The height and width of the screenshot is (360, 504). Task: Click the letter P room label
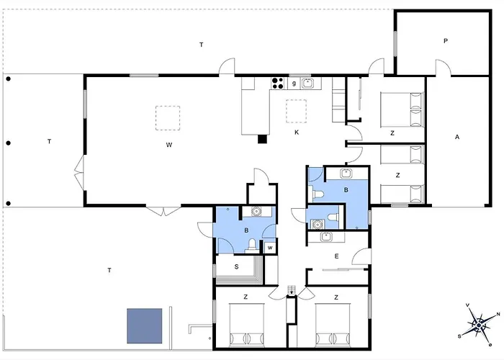click(446, 41)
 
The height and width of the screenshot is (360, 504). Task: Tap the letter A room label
click(456, 136)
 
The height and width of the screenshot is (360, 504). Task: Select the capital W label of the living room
click(168, 145)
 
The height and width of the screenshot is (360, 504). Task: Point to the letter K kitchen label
click(296, 132)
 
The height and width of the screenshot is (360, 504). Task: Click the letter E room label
click(336, 256)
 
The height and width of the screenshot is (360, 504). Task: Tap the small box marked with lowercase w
click(269, 248)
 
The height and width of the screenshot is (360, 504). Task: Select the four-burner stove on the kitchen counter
click(276, 84)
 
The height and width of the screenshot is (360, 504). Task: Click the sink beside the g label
click(307, 83)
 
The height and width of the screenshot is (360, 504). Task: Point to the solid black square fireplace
click(262, 138)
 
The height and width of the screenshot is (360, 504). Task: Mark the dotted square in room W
click(168, 117)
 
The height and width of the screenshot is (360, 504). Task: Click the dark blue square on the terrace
click(145, 326)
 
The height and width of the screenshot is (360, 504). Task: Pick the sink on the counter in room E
click(325, 235)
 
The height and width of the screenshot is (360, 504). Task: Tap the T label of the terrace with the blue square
click(109, 270)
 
